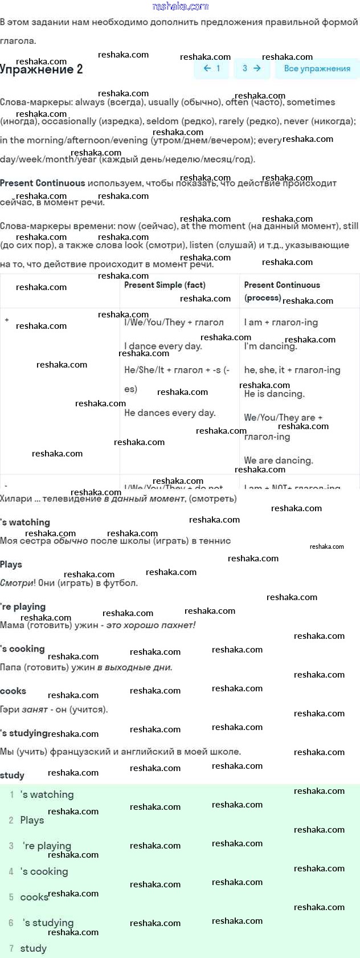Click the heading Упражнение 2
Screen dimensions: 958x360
[x=42, y=70]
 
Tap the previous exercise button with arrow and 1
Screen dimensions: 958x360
[x=211, y=68]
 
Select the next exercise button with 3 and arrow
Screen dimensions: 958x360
[x=251, y=68]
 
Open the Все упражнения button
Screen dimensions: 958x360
[x=317, y=68]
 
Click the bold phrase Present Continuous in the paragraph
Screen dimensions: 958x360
[x=43, y=183]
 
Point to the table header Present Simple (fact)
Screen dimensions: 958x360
[x=165, y=285]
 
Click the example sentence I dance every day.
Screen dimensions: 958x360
[x=163, y=346]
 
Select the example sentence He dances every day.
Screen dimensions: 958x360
[x=170, y=413]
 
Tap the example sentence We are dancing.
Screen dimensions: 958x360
[x=279, y=460]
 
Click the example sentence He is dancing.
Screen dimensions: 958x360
[x=274, y=394]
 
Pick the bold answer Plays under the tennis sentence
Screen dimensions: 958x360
[x=11, y=564]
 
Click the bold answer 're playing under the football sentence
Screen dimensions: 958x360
[x=23, y=606]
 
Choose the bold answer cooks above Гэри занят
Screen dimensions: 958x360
[x=13, y=691]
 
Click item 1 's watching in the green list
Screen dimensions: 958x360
[x=47, y=794]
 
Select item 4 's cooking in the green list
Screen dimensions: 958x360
[x=44, y=871]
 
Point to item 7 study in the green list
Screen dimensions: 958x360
[x=33, y=948]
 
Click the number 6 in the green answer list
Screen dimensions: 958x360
[x=11, y=923]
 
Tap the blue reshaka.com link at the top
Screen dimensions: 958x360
[x=180, y=6]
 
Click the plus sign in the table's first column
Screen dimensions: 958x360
[x=7, y=320]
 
